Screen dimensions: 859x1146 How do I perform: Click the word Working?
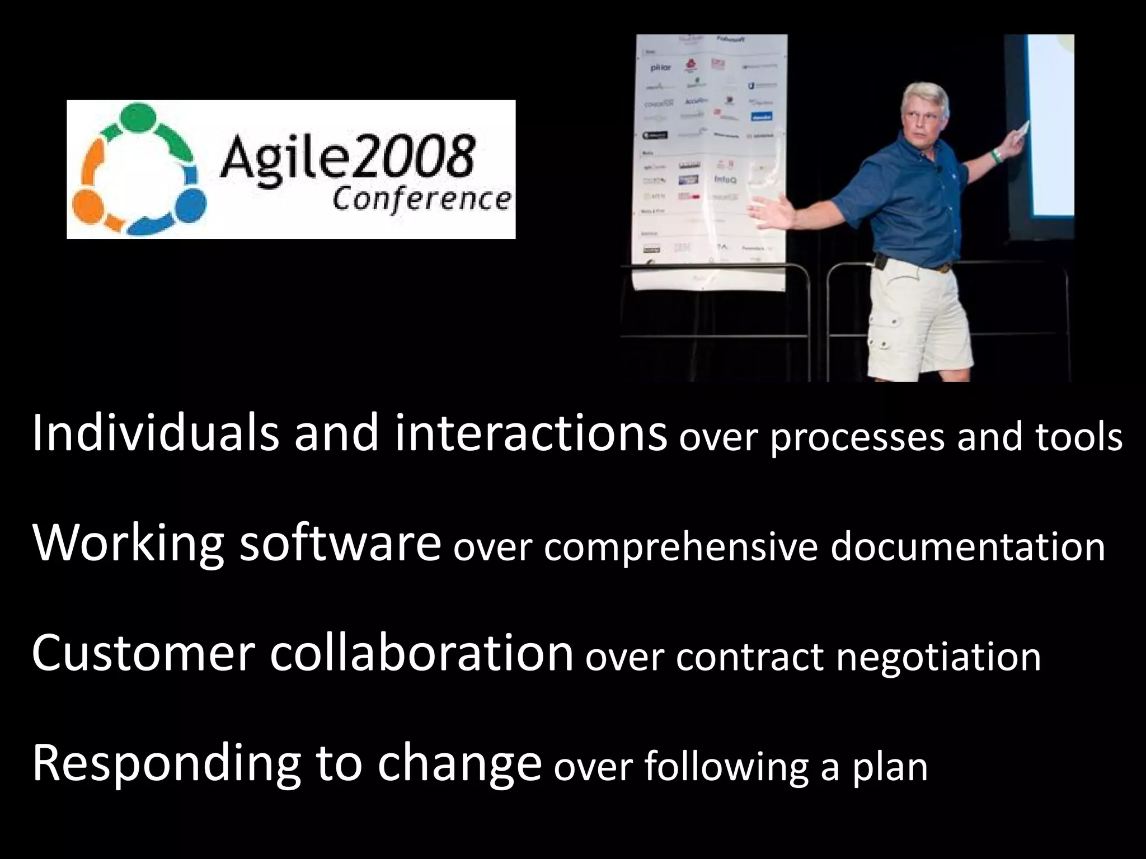coord(128,544)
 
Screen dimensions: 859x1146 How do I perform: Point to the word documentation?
coord(967,547)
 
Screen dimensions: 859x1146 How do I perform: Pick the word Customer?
coord(143,653)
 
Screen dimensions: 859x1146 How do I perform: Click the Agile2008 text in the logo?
coord(347,155)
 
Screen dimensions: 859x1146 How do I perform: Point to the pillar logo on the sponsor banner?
coord(660,68)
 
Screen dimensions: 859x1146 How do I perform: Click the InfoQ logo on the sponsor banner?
coord(725,180)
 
